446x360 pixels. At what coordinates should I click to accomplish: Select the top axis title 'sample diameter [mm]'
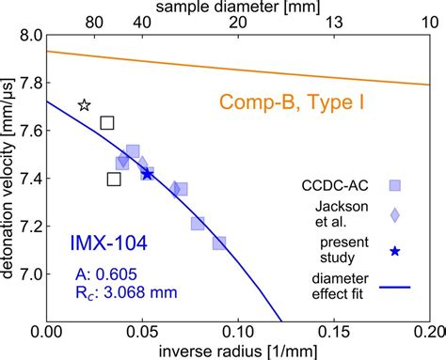click(237, 8)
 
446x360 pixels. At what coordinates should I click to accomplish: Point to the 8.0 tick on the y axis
click(28, 36)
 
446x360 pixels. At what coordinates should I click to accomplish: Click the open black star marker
click(84, 106)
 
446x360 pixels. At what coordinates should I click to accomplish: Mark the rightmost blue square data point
click(218, 243)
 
